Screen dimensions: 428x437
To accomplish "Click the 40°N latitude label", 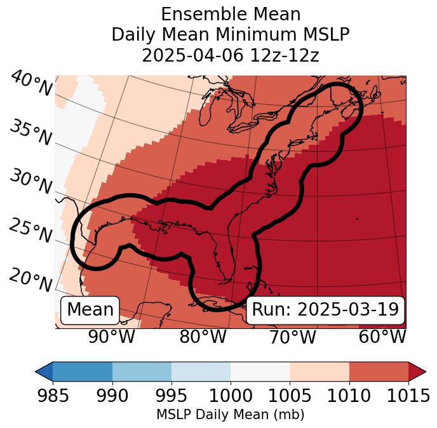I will (30, 84).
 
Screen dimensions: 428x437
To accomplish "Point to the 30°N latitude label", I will (30, 182).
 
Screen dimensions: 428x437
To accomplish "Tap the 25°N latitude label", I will (30, 231).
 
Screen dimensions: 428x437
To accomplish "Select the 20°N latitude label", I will (30, 279).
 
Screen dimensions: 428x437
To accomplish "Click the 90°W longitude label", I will (111, 337).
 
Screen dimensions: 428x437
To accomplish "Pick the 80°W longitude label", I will (203, 337).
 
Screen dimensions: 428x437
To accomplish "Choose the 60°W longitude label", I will (382, 337).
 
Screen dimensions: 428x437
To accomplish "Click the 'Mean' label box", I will (90, 310).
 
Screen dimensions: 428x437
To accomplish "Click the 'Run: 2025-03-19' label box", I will (325, 310).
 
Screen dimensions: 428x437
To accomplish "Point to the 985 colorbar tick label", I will (52, 396).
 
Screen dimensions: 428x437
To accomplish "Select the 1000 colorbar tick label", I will (231, 396).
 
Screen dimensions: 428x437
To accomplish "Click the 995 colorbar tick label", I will (171, 396).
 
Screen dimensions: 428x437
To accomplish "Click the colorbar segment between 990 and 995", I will (142, 371).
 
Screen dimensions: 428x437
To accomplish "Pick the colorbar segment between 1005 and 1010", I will (319, 371).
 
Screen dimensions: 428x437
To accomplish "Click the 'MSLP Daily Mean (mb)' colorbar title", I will (230, 415).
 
